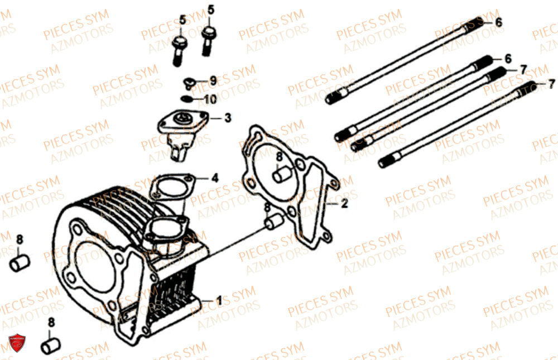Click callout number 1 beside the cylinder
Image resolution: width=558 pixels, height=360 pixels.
(x=219, y=301)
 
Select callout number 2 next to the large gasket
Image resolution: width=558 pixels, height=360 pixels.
(x=344, y=204)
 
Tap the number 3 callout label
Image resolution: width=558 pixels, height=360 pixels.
(x=228, y=118)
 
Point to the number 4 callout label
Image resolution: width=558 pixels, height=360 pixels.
(x=215, y=177)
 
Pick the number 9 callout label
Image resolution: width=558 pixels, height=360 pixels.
(x=213, y=81)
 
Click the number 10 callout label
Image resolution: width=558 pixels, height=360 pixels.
(x=210, y=99)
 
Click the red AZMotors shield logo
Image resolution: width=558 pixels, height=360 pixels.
(x=17, y=343)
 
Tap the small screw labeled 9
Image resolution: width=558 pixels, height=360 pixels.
(x=189, y=83)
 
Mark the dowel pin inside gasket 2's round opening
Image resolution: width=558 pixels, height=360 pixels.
(x=281, y=175)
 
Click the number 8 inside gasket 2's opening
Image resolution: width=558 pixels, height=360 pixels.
(x=279, y=157)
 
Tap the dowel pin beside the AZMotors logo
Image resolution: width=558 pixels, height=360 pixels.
(x=51, y=345)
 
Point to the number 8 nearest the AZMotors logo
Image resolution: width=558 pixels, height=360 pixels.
(x=51, y=322)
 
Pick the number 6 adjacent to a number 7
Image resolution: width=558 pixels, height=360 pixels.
(x=508, y=59)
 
